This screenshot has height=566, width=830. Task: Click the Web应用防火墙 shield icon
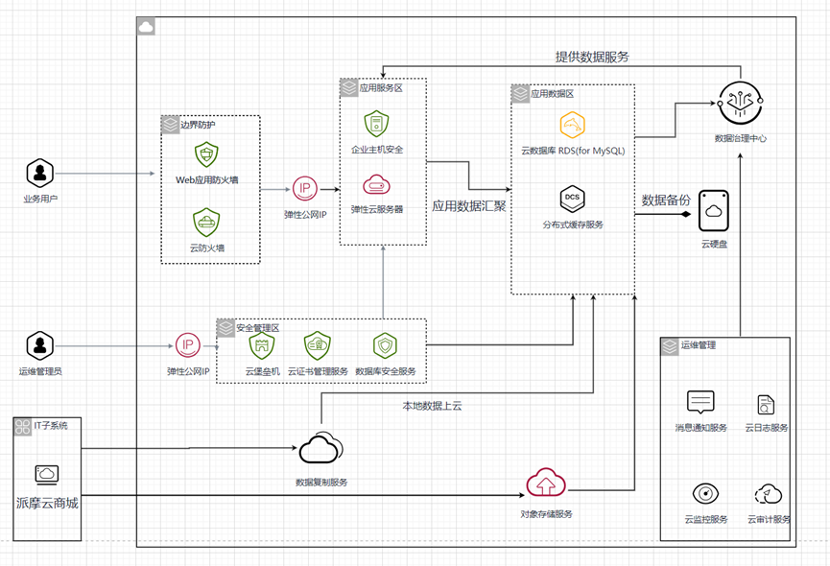[x=206, y=154]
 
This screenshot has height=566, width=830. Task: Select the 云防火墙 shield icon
[x=206, y=224]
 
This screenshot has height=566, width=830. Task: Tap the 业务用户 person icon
[x=38, y=173]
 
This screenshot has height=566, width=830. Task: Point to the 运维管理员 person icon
[x=38, y=344]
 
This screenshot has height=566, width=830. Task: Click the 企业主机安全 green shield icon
[x=375, y=124]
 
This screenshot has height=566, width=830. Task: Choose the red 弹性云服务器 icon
[x=375, y=184]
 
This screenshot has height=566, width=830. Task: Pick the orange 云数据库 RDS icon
[x=573, y=124]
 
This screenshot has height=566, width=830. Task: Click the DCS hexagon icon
[x=573, y=199]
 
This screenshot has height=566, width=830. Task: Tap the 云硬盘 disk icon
[x=714, y=210]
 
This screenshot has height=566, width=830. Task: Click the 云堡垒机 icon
[x=261, y=345]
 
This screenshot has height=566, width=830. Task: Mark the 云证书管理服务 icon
[x=318, y=345]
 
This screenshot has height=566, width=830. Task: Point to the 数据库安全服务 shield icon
[x=385, y=345]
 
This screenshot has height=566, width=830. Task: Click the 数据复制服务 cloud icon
[x=320, y=448]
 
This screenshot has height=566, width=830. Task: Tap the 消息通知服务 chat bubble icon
[x=701, y=402]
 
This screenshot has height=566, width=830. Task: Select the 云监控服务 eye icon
[x=705, y=493]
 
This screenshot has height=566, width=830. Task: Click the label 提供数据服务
[x=592, y=57]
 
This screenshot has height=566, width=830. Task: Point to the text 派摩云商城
[x=47, y=503]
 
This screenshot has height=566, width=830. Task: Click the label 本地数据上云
[x=432, y=406]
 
